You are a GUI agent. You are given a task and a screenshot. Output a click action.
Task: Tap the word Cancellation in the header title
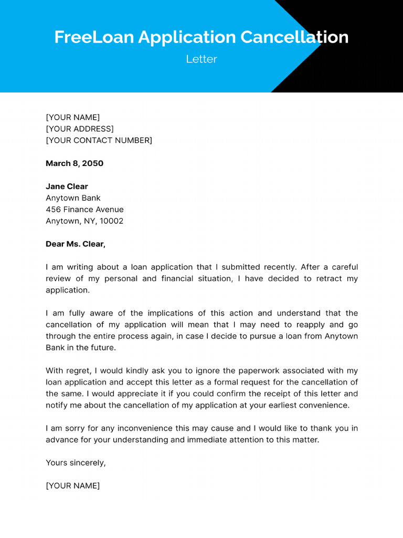(x=294, y=37)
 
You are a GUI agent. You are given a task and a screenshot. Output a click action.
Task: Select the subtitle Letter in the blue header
(x=201, y=59)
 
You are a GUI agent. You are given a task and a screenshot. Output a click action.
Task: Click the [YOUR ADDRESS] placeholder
(x=80, y=129)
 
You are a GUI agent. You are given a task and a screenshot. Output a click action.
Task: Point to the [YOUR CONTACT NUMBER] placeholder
(x=99, y=140)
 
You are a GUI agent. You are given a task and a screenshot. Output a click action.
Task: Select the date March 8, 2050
(x=75, y=163)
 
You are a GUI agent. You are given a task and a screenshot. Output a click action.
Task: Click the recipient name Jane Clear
(x=67, y=187)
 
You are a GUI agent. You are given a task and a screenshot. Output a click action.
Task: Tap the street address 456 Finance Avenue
(x=84, y=210)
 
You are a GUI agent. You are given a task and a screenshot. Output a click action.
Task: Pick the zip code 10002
(x=112, y=221)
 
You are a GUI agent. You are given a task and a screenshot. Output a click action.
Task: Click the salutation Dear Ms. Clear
(x=76, y=244)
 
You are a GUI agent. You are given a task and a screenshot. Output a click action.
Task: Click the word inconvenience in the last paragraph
(x=154, y=428)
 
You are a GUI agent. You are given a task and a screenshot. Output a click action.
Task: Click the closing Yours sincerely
(x=76, y=463)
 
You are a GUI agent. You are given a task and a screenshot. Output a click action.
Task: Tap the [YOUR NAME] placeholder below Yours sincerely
(x=72, y=486)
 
